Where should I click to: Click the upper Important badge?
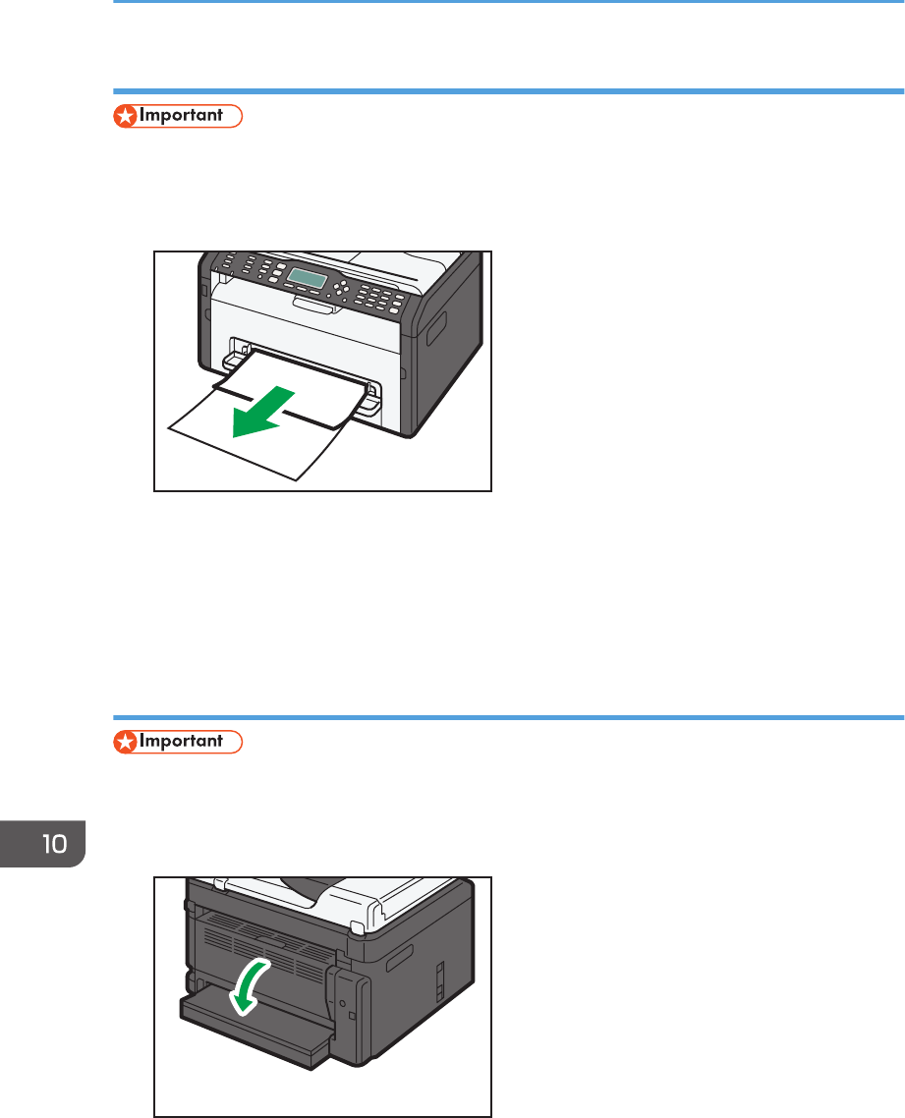178,116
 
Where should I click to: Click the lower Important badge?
178,742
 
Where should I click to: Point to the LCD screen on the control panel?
311,279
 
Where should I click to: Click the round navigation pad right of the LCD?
342,289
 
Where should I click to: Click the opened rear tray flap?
255,1032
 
